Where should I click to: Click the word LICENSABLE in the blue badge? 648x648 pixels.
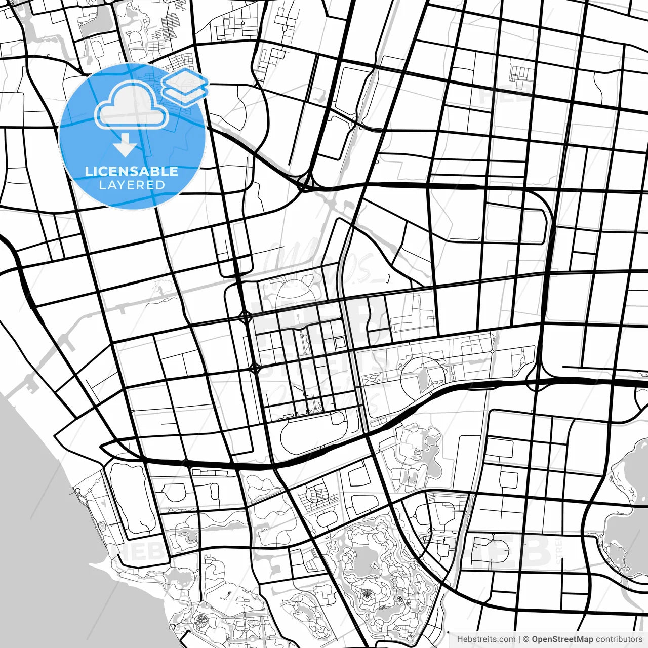coord(132,171)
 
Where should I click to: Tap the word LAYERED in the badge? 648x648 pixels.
coord(132,185)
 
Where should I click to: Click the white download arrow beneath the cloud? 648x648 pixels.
coord(125,147)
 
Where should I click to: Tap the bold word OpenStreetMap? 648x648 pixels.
coord(562,639)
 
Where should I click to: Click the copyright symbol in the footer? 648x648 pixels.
coord(526,639)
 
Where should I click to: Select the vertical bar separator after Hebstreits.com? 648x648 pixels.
coord(519,639)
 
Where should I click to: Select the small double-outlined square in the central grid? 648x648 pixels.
coord(339,343)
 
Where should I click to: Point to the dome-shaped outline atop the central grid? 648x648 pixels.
coord(291,289)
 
